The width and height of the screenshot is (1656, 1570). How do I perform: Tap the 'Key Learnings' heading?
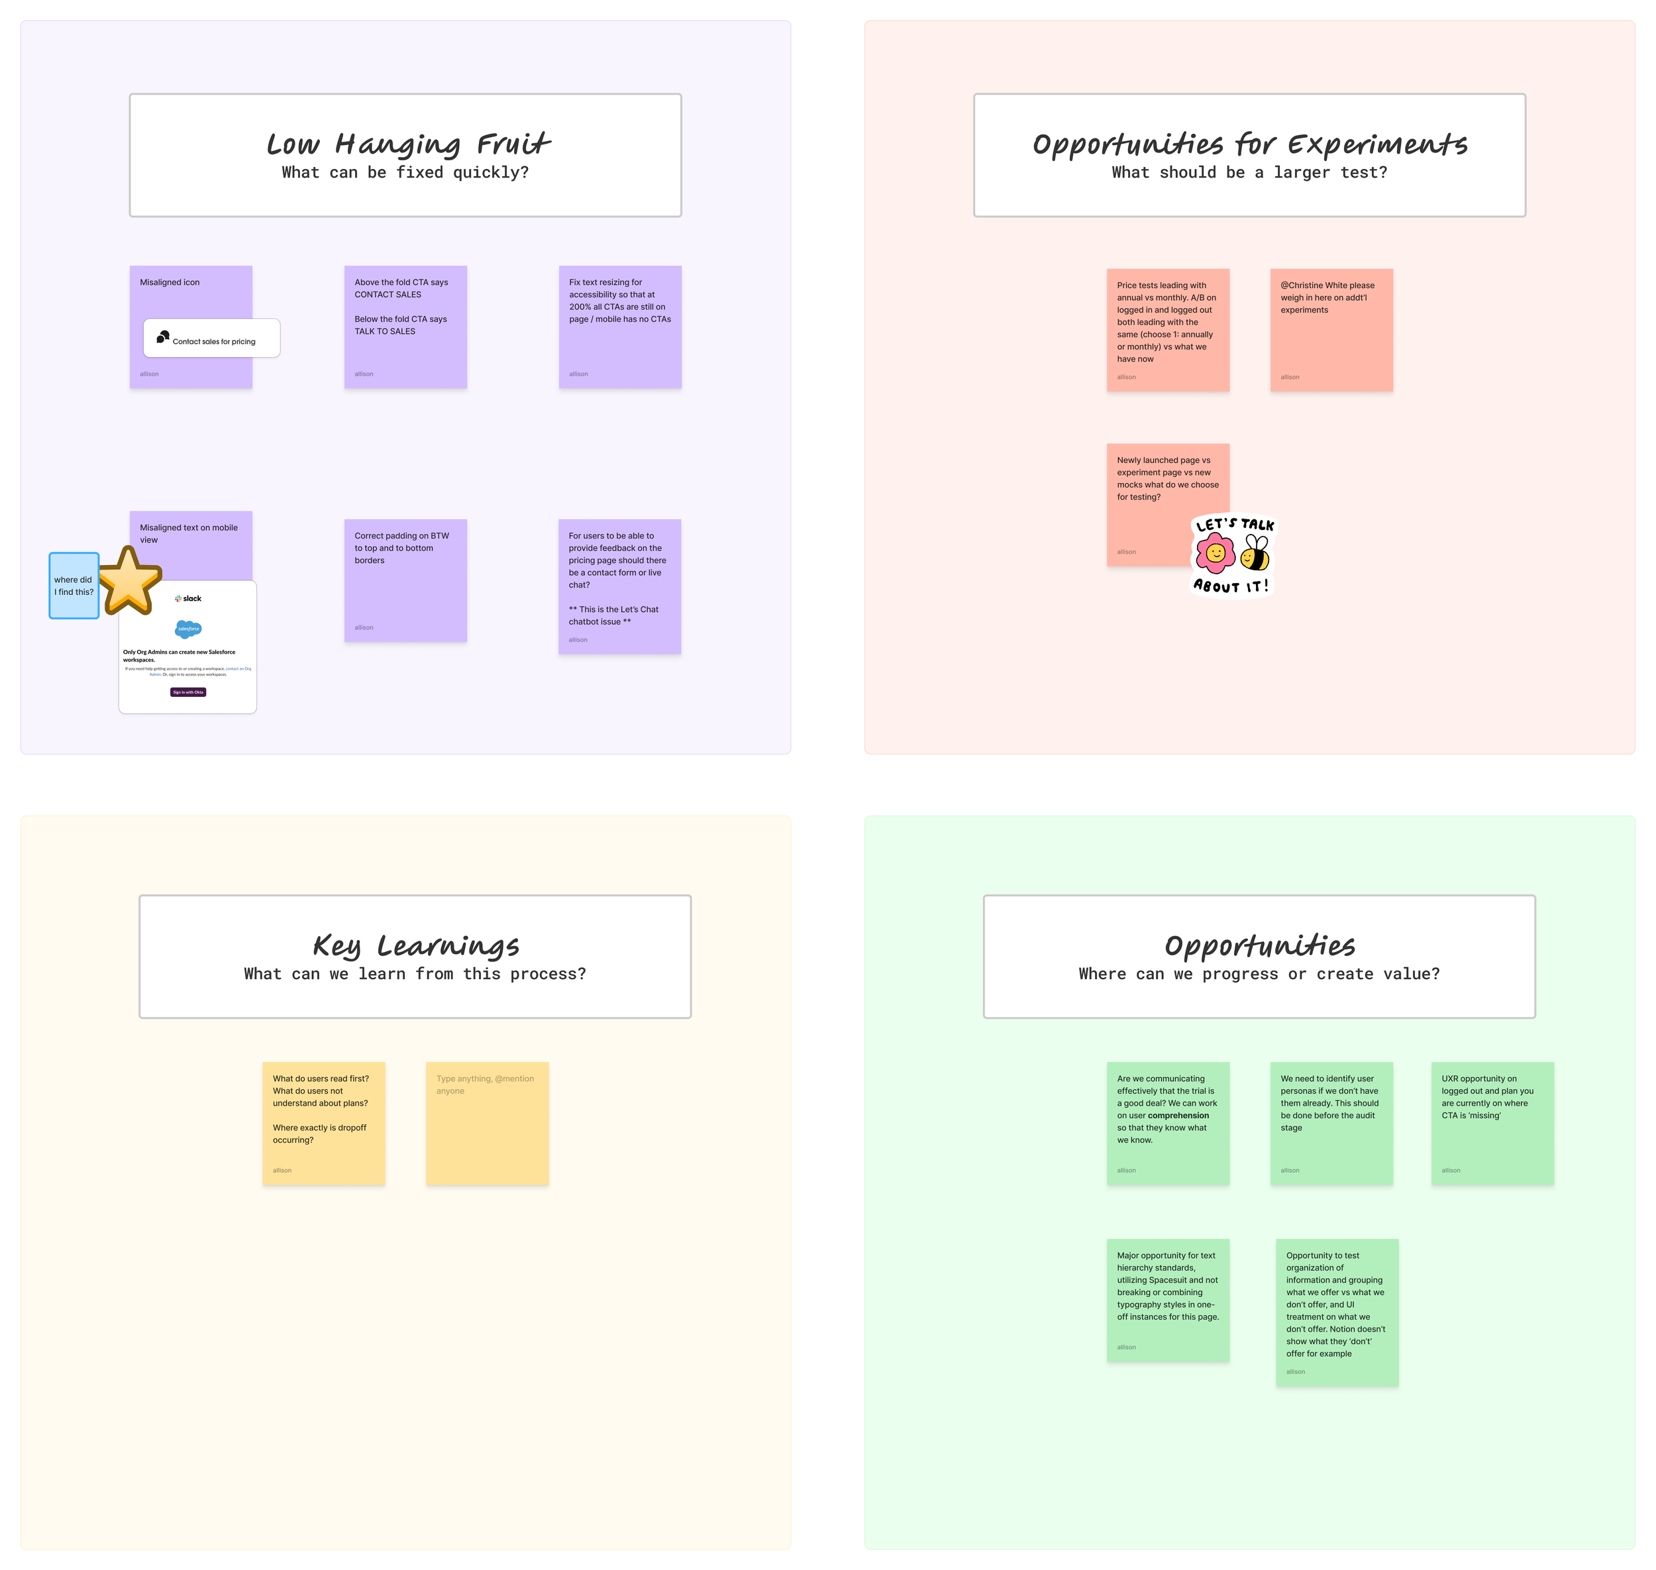click(416, 946)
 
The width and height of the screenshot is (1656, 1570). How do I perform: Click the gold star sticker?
click(128, 581)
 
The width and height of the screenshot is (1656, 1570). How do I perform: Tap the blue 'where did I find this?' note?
click(74, 586)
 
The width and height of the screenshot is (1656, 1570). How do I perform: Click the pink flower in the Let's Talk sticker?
click(1215, 553)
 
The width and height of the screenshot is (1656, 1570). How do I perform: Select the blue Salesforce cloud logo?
click(188, 629)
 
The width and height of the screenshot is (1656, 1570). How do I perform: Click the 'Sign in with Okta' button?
click(188, 692)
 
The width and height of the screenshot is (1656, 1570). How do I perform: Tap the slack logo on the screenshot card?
click(188, 598)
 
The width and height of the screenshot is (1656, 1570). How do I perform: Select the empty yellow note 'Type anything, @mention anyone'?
click(487, 1123)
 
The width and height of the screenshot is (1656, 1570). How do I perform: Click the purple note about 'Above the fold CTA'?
click(405, 327)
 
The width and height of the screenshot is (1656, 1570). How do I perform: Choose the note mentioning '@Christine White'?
click(1331, 330)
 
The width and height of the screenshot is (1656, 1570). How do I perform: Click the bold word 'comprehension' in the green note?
click(1178, 1116)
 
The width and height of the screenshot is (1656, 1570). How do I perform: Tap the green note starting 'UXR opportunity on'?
click(1492, 1123)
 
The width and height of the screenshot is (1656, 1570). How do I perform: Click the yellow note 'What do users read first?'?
click(324, 1123)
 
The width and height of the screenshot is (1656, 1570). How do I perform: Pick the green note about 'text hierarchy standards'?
click(1167, 1300)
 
